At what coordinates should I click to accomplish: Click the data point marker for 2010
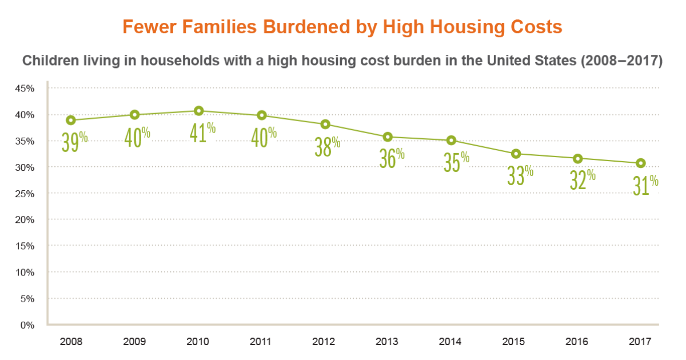pyautogui.click(x=198, y=111)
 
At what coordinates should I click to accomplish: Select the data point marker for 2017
pyautogui.click(x=641, y=163)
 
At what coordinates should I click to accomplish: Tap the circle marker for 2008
pyautogui.click(x=71, y=120)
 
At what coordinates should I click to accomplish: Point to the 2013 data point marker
pyautogui.click(x=388, y=137)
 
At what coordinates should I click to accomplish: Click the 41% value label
pyautogui.click(x=202, y=133)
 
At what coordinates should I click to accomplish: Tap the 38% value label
pyautogui.click(x=328, y=146)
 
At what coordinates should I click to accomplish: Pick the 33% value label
pyautogui.click(x=520, y=175)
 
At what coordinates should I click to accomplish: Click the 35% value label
pyautogui.click(x=456, y=162)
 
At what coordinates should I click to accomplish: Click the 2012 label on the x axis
pyautogui.click(x=324, y=342)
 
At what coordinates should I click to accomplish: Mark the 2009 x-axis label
pyautogui.click(x=134, y=342)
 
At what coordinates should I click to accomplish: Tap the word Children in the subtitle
pyautogui.click(x=47, y=62)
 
